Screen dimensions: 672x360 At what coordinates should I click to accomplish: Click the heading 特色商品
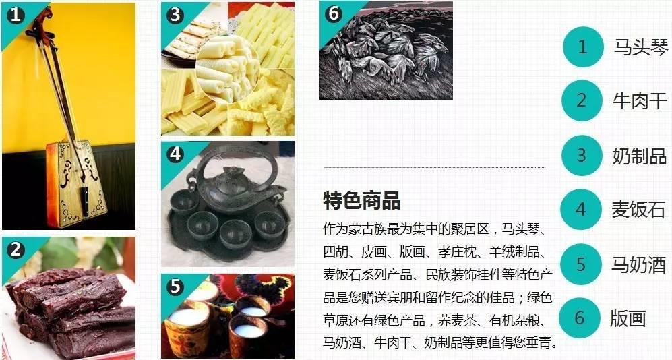click(x=362, y=200)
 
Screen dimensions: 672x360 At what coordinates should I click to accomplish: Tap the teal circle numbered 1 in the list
click(x=583, y=47)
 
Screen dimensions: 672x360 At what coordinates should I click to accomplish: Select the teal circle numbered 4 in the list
click(x=581, y=210)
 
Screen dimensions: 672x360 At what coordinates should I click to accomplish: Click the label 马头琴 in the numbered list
click(x=641, y=47)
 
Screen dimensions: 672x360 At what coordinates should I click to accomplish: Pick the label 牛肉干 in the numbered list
click(x=640, y=101)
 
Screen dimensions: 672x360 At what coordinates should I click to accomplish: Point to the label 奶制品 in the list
click(x=640, y=156)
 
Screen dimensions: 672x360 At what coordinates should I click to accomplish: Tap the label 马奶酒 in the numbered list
click(x=638, y=264)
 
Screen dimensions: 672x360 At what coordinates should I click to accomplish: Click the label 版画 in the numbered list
click(x=628, y=319)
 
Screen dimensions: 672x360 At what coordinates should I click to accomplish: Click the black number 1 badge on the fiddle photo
click(x=16, y=16)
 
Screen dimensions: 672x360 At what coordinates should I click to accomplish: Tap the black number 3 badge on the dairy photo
click(x=175, y=16)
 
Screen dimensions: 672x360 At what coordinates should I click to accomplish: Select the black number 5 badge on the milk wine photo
click(x=175, y=287)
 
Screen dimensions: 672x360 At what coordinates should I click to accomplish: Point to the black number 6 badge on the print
click(x=333, y=13)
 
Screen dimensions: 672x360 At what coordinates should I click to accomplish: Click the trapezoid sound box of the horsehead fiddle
click(x=77, y=184)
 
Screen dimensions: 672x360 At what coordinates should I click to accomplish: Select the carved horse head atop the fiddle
click(x=43, y=16)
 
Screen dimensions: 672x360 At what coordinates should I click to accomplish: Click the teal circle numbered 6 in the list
click(x=580, y=318)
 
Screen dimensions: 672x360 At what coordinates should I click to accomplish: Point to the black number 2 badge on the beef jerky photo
click(x=16, y=249)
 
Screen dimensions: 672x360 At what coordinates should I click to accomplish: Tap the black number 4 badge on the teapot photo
click(x=175, y=154)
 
